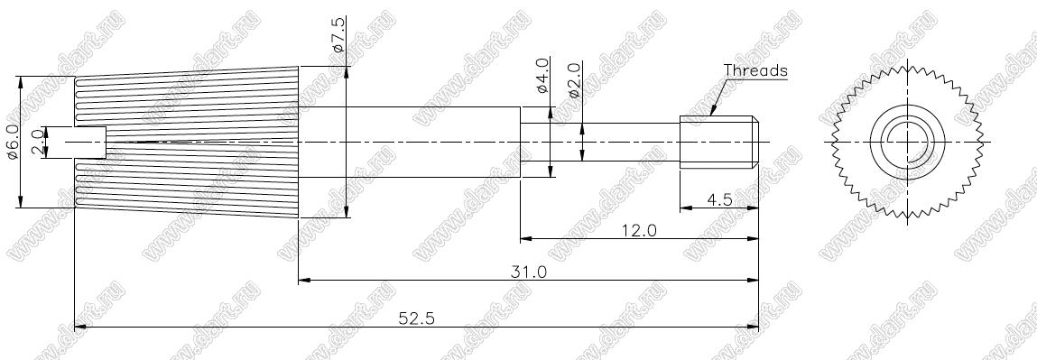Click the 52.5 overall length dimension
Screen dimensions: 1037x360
point(417,318)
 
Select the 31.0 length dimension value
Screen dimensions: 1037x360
point(530,272)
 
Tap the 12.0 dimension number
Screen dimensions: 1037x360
point(639,230)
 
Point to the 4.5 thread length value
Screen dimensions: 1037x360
point(719,198)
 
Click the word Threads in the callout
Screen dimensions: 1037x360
point(755,70)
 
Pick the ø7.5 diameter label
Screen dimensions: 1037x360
point(338,35)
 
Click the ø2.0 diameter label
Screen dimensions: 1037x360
point(574,80)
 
